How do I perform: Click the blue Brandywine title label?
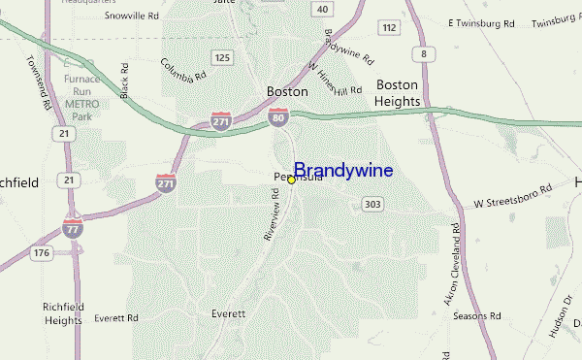coord(343,171)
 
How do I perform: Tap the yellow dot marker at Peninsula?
coord(291,180)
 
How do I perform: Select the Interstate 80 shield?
coord(277,118)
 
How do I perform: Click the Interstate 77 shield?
coord(73,228)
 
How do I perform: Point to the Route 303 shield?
coord(372,204)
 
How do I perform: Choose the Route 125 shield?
coord(223,58)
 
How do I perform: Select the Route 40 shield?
coord(322,9)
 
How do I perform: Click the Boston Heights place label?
coord(398,92)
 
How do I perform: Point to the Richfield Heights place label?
coord(62,312)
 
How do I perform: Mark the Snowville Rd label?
coord(133,16)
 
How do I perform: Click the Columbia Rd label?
coord(184,69)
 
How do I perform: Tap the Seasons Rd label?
coord(478,316)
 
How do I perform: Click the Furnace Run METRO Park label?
coord(82,96)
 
